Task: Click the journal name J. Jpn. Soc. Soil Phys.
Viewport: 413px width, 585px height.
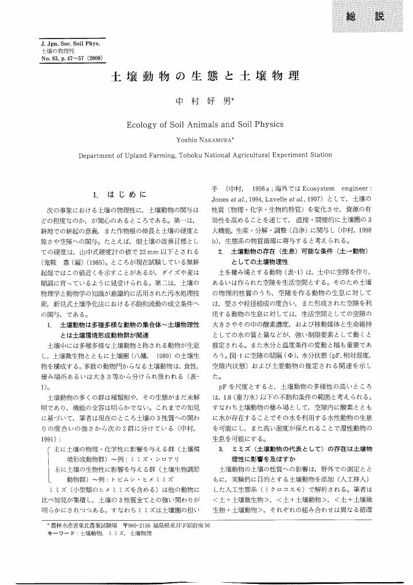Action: [68, 44]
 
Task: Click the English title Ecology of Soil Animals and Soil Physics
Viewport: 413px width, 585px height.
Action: [205, 123]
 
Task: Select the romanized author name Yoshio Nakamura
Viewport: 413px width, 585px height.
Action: [205, 139]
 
